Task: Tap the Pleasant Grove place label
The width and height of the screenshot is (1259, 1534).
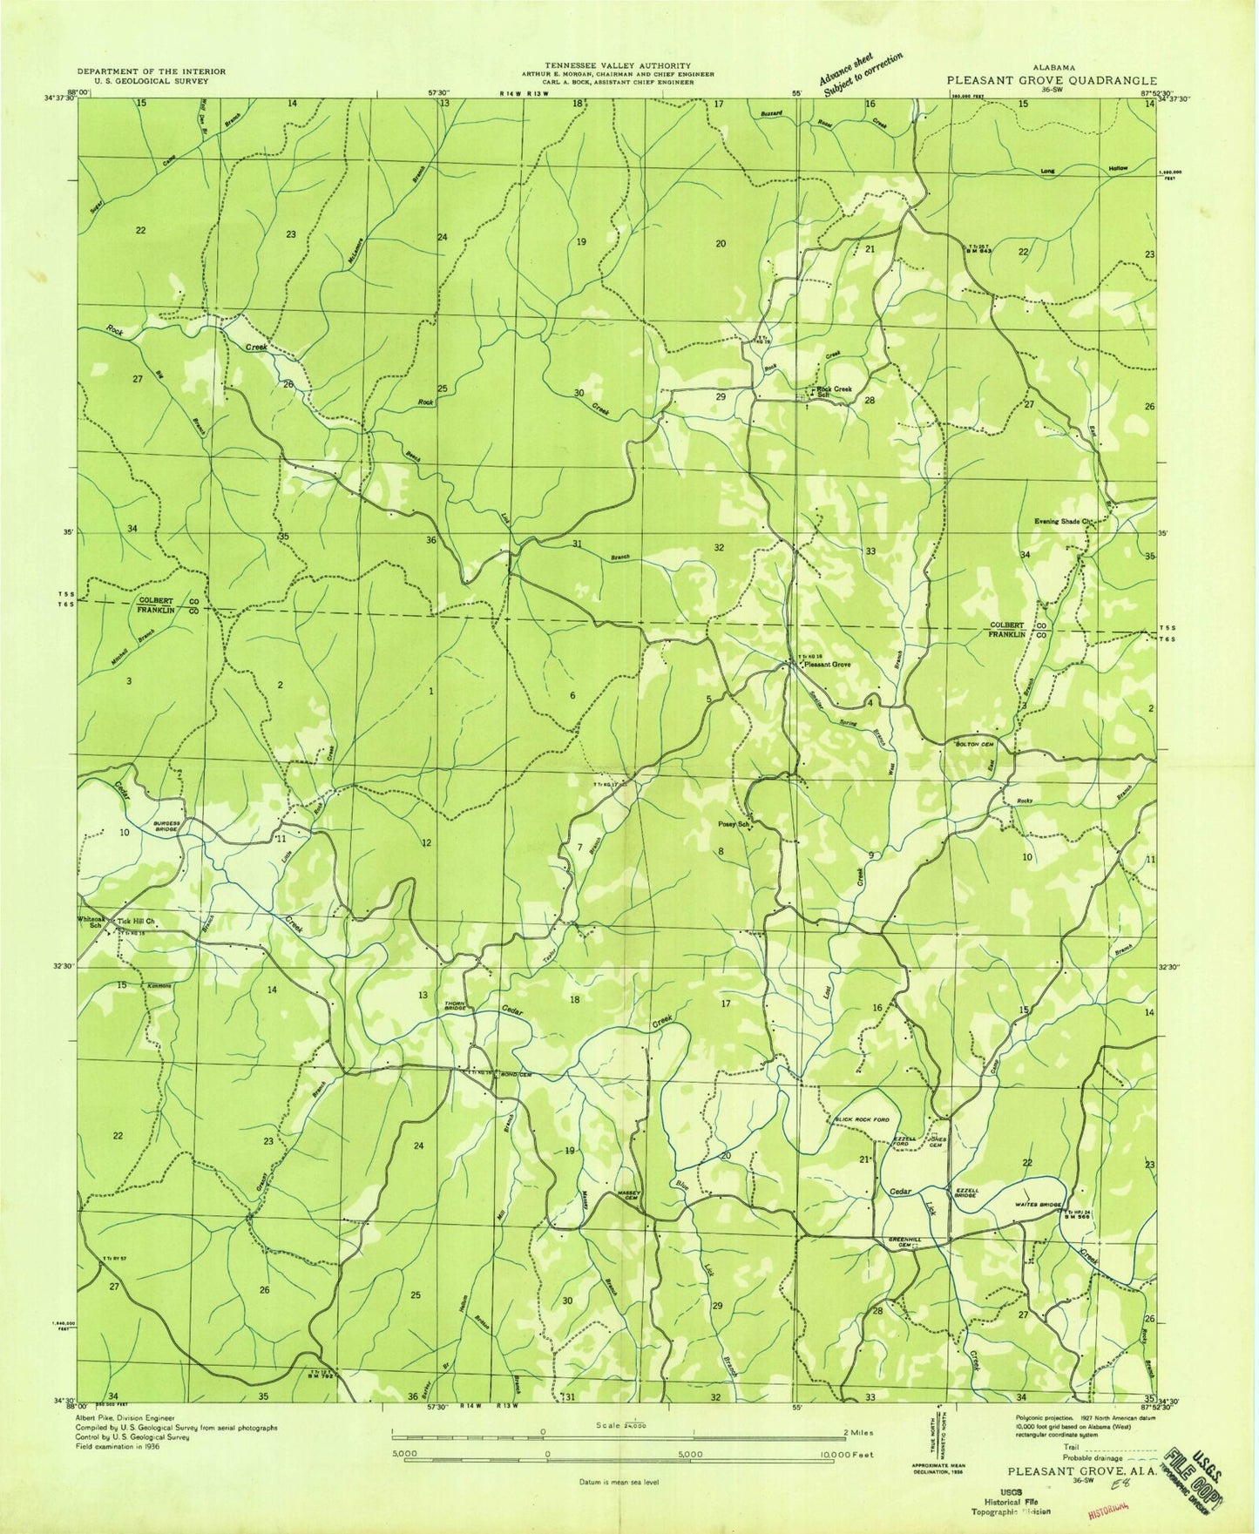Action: click(827, 665)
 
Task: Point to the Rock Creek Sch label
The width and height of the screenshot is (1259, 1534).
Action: click(831, 391)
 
